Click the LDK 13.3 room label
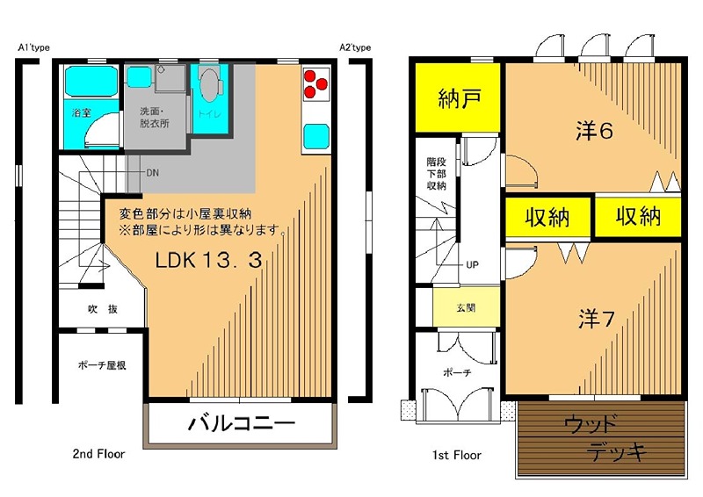point(208,260)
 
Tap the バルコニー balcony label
point(242,422)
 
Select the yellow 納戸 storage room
point(458,97)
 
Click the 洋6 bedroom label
point(594,131)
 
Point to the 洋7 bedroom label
point(597,319)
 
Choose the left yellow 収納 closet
point(547,218)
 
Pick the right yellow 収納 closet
point(638,217)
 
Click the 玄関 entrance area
point(467,307)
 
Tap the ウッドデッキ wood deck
point(602,439)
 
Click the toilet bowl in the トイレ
point(210,83)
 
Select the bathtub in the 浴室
point(91,81)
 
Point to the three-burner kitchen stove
point(316,84)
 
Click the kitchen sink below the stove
point(316,136)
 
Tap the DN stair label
point(152,172)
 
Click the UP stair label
point(472,265)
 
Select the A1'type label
point(33,47)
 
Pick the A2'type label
point(355,47)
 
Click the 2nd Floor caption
point(98,454)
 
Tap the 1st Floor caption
point(457,456)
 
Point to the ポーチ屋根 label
point(102,365)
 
